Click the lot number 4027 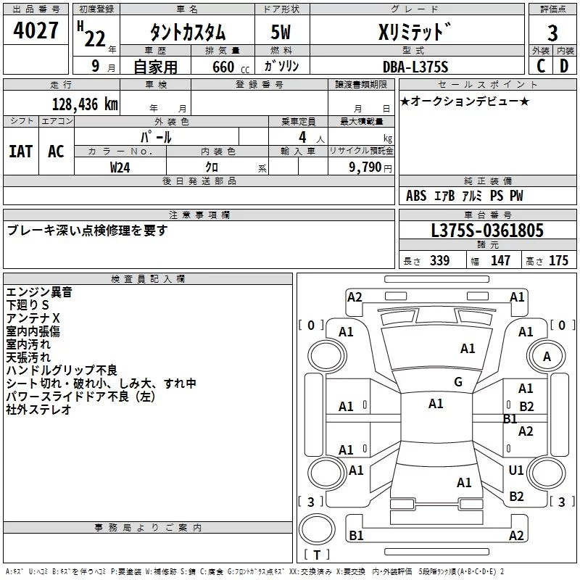click(36, 32)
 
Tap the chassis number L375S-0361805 click(486, 231)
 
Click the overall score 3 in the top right click(552, 33)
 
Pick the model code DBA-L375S click(415, 66)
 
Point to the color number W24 click(120, 166)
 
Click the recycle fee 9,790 click(365, 167)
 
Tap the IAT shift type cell click(20, 152)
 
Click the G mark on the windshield click(458, 382)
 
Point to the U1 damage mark click(516, 471)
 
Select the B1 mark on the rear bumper click(356, 536)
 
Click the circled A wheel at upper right click(547, 357)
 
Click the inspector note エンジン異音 click(38, 292)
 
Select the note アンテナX click(33, 318)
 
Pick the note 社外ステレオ click(38, 410)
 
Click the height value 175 click(558, 261)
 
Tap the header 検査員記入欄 click(148, 279)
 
